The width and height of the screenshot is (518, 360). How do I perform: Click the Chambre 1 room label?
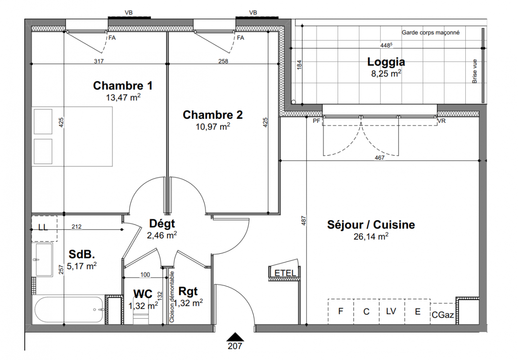point(122,85)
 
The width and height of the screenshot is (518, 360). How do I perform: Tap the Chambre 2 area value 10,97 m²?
point(213,126)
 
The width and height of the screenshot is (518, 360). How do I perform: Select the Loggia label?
point(386,62)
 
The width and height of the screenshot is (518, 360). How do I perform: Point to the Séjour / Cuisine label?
point(371,225)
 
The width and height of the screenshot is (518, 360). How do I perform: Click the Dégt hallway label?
point(162,224)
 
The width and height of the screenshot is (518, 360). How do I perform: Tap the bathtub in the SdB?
point(68,310)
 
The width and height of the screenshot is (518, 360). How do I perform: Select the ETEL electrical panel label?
point(285,273)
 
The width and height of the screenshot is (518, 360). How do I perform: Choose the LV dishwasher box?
point(392,311)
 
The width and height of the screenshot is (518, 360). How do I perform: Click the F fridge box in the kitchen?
point(341,311)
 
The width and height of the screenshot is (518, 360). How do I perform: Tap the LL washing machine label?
point(43,228)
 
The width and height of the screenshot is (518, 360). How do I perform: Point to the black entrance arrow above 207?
point(235,337)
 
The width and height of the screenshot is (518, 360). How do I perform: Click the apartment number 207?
point(235,346)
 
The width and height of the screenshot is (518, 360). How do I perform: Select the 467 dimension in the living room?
point(379,158)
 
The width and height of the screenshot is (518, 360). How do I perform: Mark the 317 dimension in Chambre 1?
point(99,61)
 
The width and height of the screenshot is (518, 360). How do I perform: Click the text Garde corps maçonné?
point(430,33)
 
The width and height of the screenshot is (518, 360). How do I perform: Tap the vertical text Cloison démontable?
point(172,297)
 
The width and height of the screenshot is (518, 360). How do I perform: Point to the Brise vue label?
point(475,72)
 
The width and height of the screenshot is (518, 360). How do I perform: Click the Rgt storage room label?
point(188,291)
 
